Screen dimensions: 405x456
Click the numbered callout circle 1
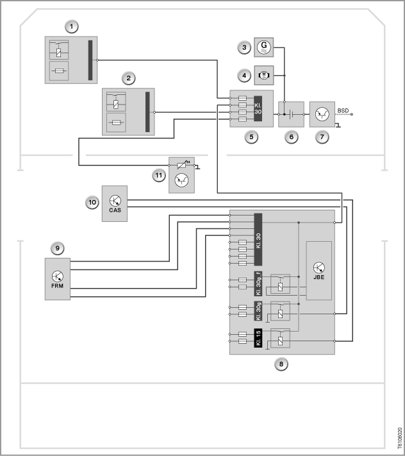click(72, 26)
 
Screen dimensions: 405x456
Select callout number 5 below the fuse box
click(251, 137)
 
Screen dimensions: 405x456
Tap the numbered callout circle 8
click(281, 364)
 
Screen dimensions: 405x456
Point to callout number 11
click(159, 175)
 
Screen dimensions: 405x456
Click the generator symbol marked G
click(264, 47)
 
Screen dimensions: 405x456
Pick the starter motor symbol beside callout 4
click(264, 75)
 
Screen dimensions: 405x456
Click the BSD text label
click(343, 110)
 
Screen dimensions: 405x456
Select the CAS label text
click(115, 210)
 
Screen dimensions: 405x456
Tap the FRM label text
click(57, 286)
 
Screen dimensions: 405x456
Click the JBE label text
click(318, 277)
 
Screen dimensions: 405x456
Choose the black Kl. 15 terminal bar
click(258, 337)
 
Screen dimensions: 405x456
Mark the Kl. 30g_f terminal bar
click(258, 283)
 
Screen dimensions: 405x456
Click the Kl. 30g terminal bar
click(258, 311)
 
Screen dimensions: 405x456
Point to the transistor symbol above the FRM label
click(58, 276)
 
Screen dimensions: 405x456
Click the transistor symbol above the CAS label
click(115, 201)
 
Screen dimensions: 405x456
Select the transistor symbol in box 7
click(322, 114)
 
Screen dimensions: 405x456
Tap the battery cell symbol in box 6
click(292, 114)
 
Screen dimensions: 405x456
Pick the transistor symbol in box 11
click(181, 180)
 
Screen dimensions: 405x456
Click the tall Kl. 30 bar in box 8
click(258, 239)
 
